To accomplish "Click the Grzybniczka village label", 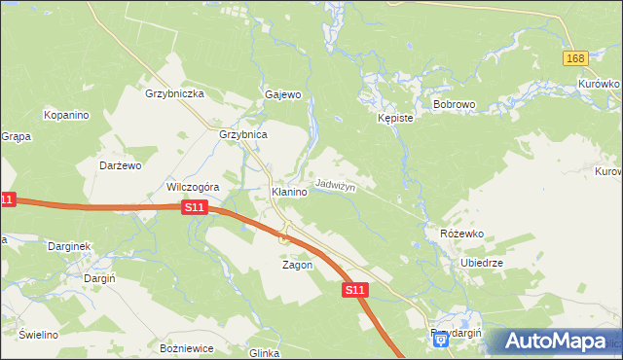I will (173, 93).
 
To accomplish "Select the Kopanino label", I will (66, 115).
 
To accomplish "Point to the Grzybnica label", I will (243, 134).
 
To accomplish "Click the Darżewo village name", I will (121, 165).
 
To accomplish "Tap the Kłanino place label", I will (289, 193).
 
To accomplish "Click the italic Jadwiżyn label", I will (335, 185).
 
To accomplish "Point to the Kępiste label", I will (395, 118).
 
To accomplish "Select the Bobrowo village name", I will (453, 103).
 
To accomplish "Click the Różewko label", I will (461, 234).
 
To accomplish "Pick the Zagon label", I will (297, 265).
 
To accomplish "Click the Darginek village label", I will (70, 246).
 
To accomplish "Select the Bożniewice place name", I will (185, 347).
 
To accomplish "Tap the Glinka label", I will (265, 353).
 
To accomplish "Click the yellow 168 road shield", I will (575, 59).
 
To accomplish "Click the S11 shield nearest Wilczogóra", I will (195, 207).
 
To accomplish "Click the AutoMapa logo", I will (556, 342).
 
